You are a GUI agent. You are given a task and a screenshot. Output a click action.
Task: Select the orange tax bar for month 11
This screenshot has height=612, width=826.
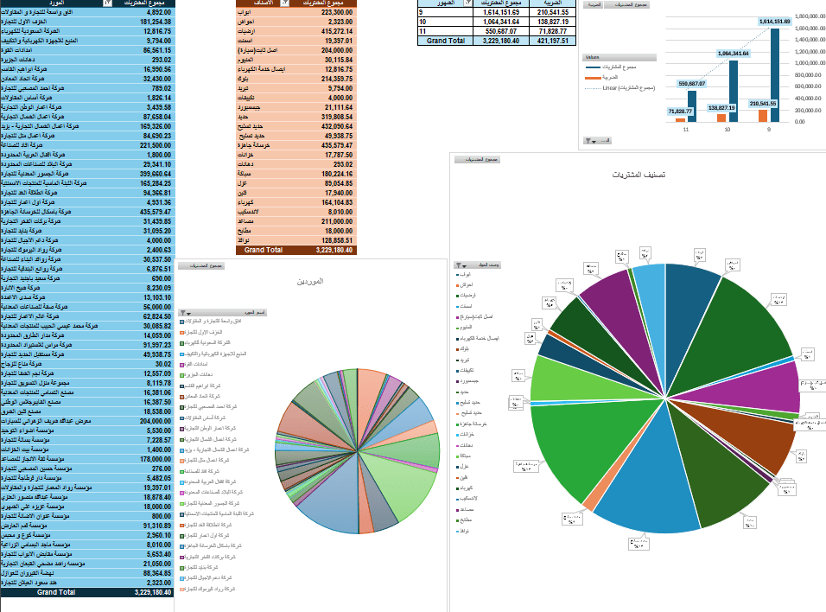pos(681,119)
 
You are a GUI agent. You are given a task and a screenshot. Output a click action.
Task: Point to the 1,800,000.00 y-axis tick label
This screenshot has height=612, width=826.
pos(810,16)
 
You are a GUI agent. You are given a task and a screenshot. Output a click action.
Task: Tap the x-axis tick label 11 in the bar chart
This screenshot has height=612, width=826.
pos(685,130)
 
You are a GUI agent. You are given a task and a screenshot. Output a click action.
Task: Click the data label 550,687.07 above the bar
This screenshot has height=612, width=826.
pos(691,84)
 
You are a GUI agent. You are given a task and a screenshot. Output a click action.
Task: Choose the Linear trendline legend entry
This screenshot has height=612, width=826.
pos(629,88)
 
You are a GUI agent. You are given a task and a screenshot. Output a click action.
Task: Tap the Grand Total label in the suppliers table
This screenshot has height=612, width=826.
pos(56,592)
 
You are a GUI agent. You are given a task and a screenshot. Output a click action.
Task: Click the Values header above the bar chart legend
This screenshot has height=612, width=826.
pos(592,57)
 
